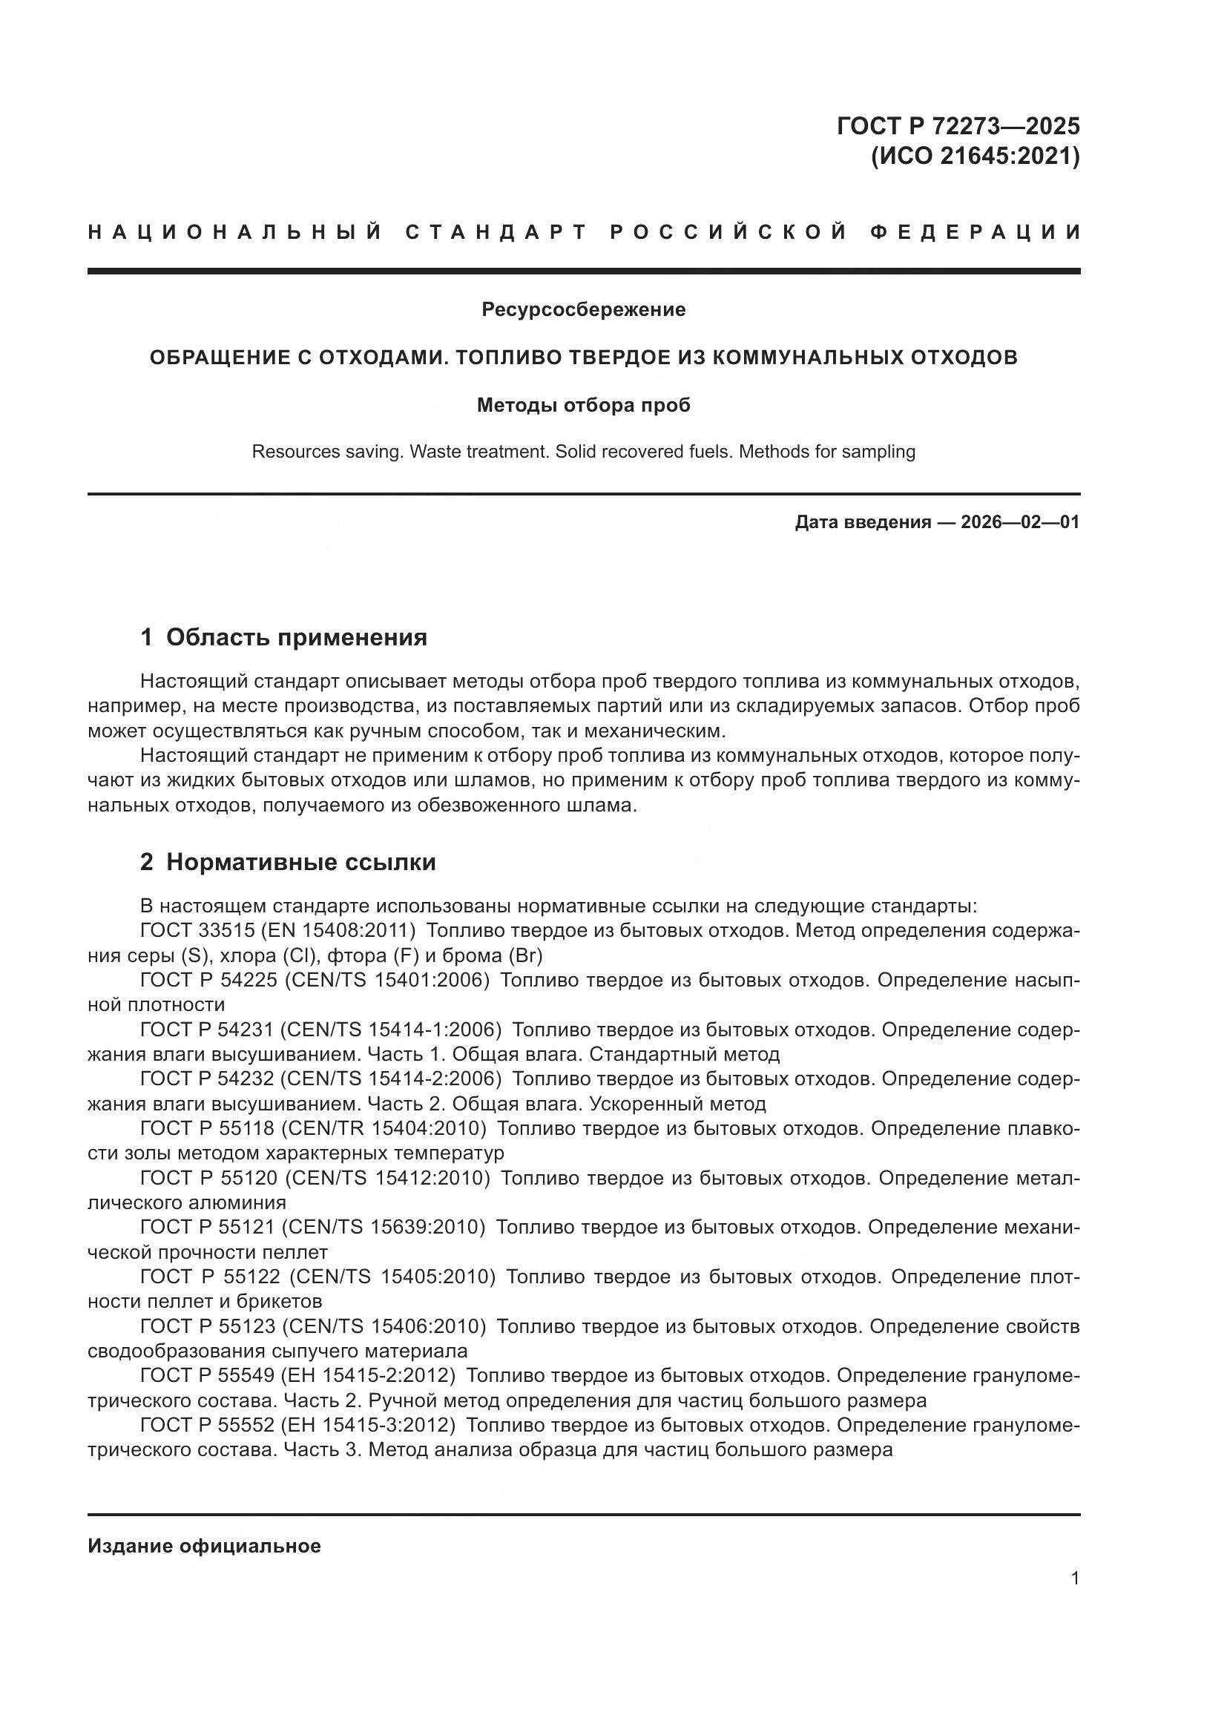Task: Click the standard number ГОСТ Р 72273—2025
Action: point(958,125)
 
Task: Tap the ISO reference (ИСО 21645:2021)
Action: point(975,157)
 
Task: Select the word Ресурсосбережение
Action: point(583,309)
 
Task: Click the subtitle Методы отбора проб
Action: point(583,406)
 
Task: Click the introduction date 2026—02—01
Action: point(1020,522)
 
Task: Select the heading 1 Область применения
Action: point(284,638)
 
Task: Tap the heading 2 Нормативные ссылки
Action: point(288,862)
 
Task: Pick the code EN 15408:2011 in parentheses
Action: point(338,930)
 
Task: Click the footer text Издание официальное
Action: point(204,1546)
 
